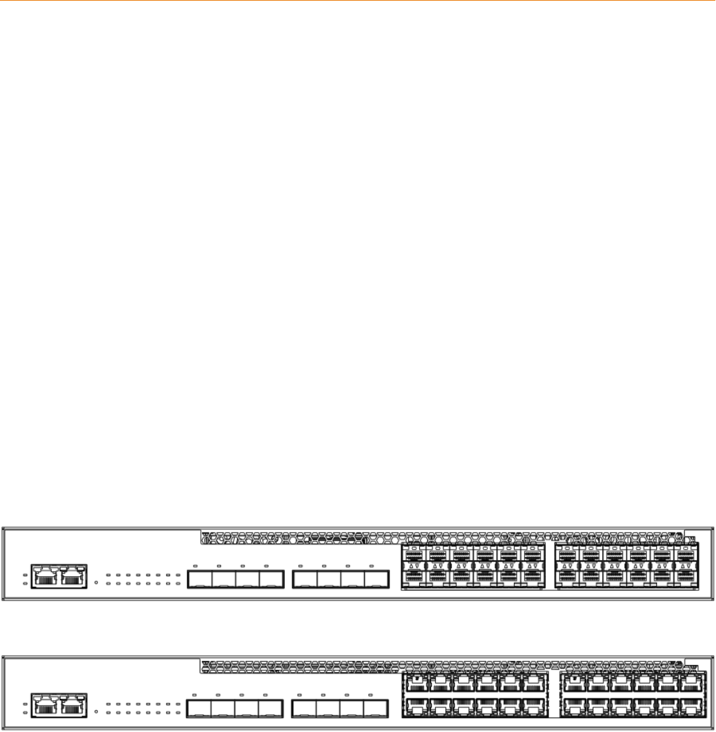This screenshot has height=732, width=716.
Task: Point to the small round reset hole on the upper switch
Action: pyautogui.click(x=97, y=582)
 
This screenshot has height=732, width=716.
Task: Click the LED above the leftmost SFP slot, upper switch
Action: pyautogui.click(x=194, y=565)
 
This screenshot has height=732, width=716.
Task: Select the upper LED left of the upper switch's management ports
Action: pyautogui.click(x=25, y=575)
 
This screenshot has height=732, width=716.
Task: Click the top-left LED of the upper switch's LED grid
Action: pyautogui.click(x=108, y=575)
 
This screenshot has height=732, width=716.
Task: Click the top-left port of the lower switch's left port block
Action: pyautogui.click(x=417, y=681)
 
